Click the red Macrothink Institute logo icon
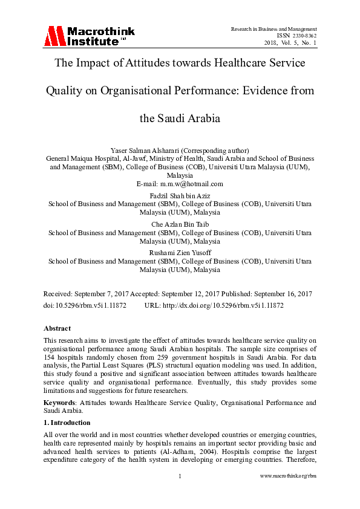(x=54, y=36)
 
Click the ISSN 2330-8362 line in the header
(x=296, y=36)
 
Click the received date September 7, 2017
(x=105, y=293)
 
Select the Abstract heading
(x=57, y=328)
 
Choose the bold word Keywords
(x=61, y=402)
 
